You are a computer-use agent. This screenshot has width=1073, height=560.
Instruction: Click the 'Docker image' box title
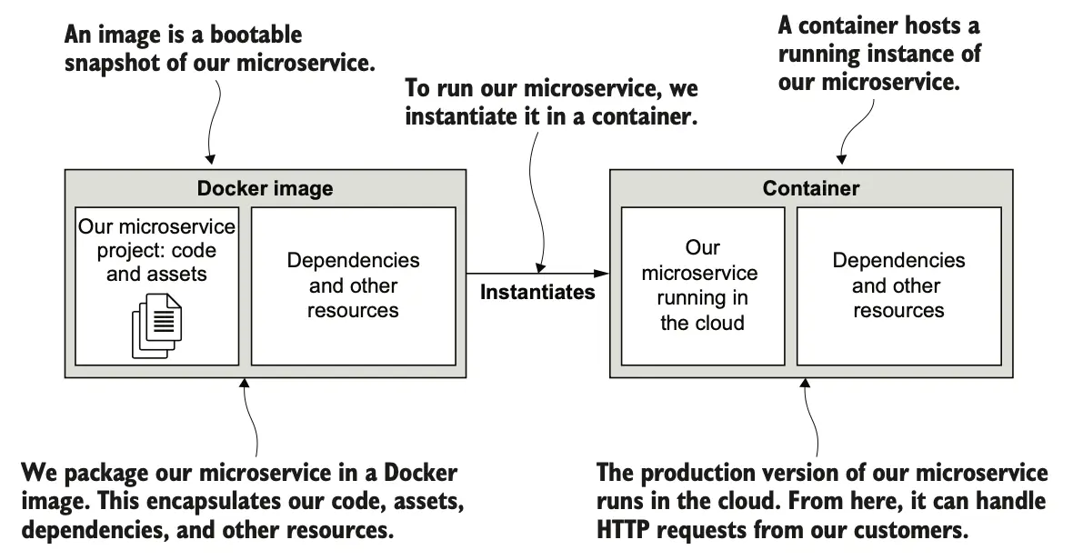265,189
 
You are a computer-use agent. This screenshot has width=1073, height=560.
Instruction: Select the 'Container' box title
810,189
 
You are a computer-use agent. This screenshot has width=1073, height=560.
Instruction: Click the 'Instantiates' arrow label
537,293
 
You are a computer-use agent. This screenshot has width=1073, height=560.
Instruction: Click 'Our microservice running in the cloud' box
702,285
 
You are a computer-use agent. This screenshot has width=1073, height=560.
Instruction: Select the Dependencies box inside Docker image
353,285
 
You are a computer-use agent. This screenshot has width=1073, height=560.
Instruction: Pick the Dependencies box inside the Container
898,285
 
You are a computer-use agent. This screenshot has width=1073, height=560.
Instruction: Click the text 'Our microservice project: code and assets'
156,249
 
